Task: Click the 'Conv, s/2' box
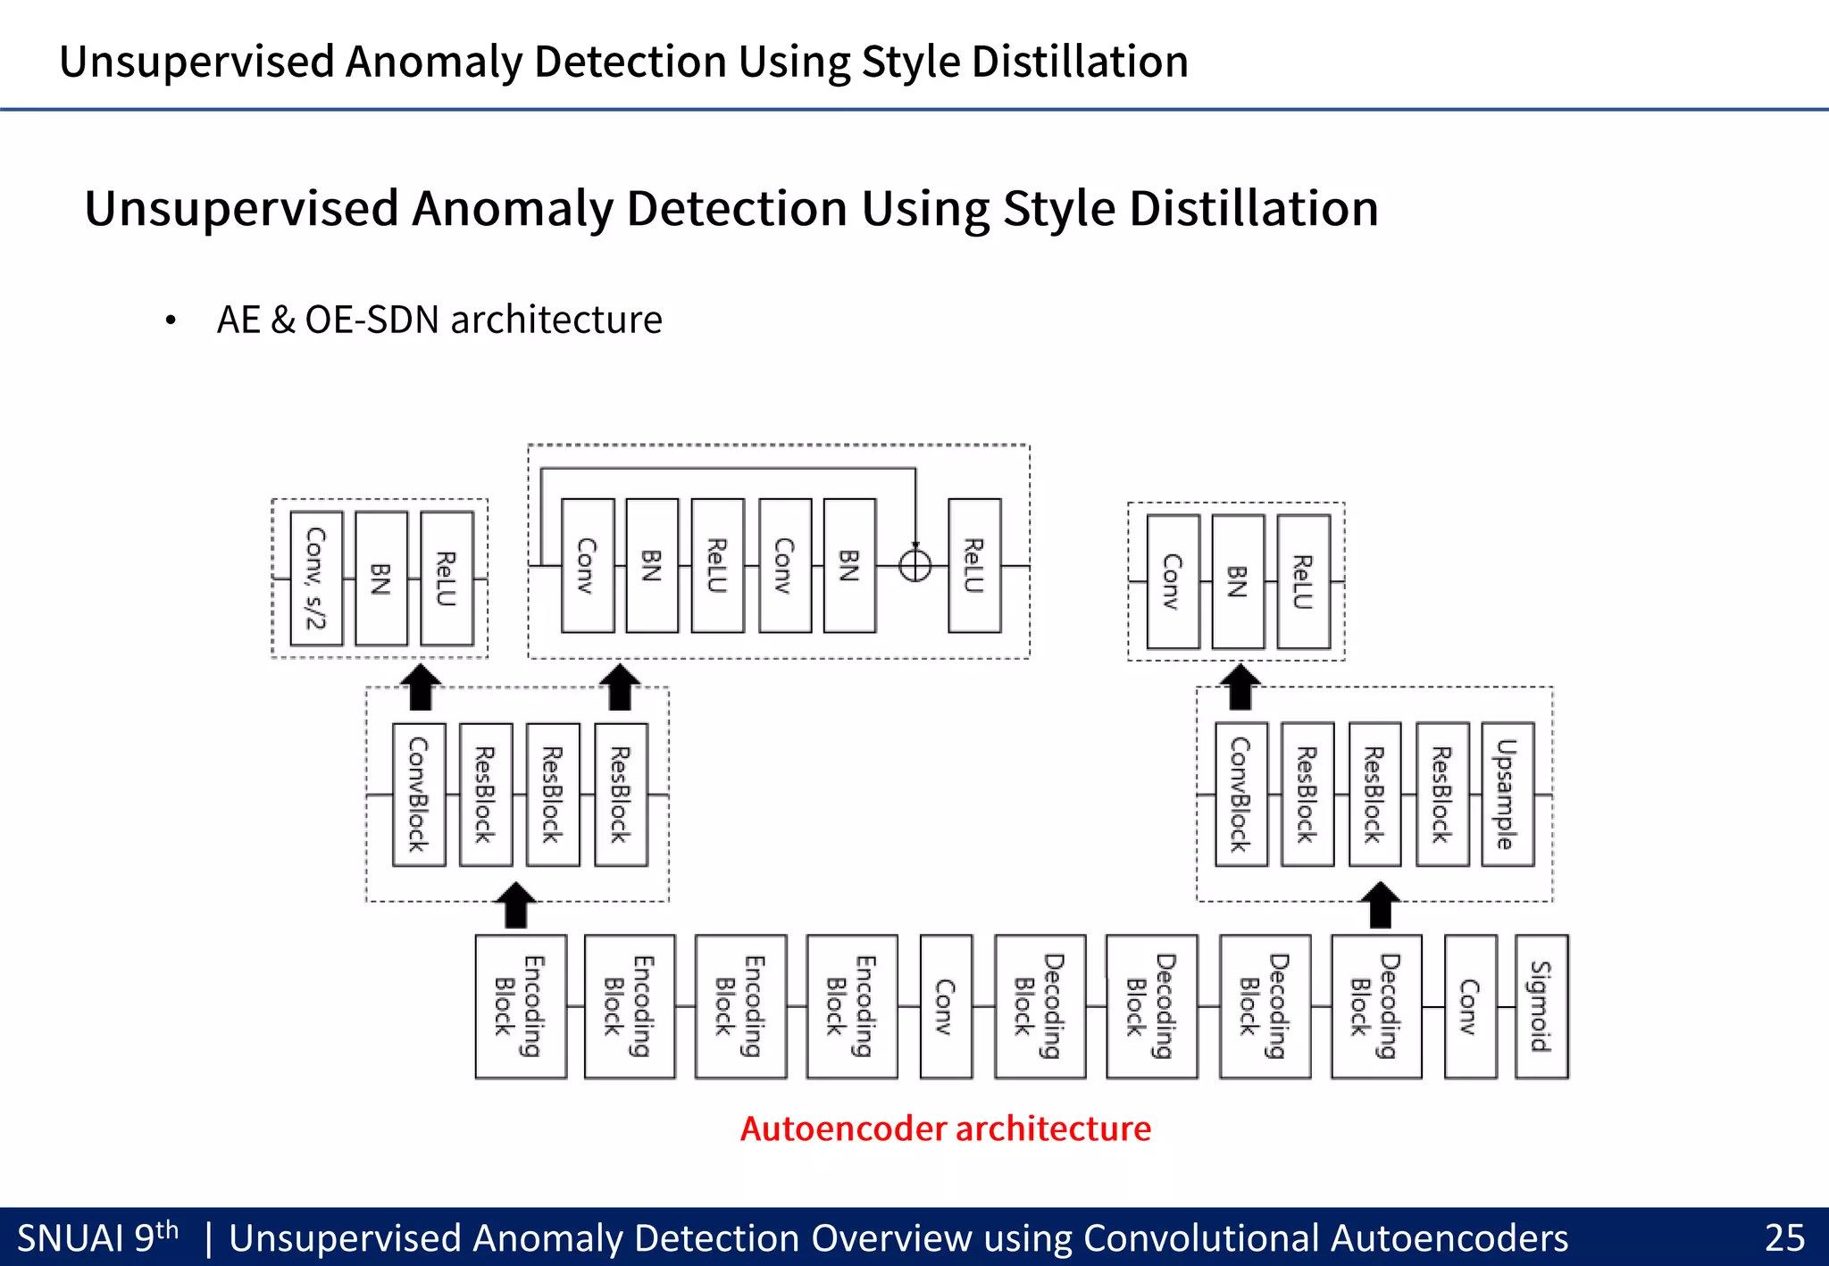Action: coord(316,579)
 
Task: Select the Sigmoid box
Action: coord(1541,1006)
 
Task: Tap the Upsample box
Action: coord(1507,794)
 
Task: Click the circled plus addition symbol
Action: coord(914,565)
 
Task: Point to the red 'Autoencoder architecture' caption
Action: coord(945,1129)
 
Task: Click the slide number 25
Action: coord(1783,1238)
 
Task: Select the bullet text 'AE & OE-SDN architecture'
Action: coord(439,320)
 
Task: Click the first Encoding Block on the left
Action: coord(521,1006)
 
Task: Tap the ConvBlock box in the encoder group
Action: coord(419,794)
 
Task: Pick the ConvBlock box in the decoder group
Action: coord(1240,794)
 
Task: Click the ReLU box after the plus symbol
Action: coord(974,565)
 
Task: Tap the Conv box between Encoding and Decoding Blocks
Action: coord(946,1006)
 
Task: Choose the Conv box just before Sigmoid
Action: coord(1470,1006)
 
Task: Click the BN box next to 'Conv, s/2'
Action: coord(381,579)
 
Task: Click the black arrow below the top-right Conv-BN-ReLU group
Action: coord(1240,687)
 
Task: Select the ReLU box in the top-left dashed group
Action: coord(447,579)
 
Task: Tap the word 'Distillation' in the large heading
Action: coord(1254,209)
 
